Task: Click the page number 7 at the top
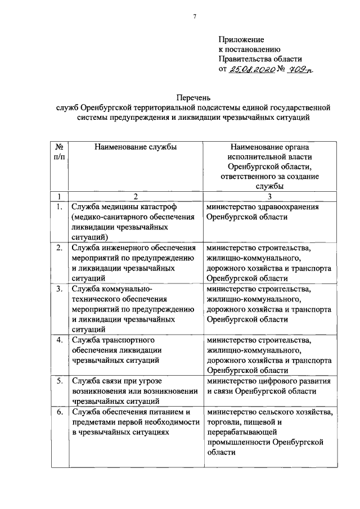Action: pyautogui.click(x=195, y=16)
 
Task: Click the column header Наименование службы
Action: pyautogui.click(x=136, y=147)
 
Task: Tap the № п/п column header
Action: pyautogui.click(x=58, y=152)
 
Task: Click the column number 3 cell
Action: pyautogui.click(x=269, y=196)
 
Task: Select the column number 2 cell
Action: pyautogui.click(x=136, y=196)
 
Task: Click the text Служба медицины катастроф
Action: pyautogui.click(x=120, y=207)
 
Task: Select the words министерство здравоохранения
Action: pyautogui.click(x=262, y=207)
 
